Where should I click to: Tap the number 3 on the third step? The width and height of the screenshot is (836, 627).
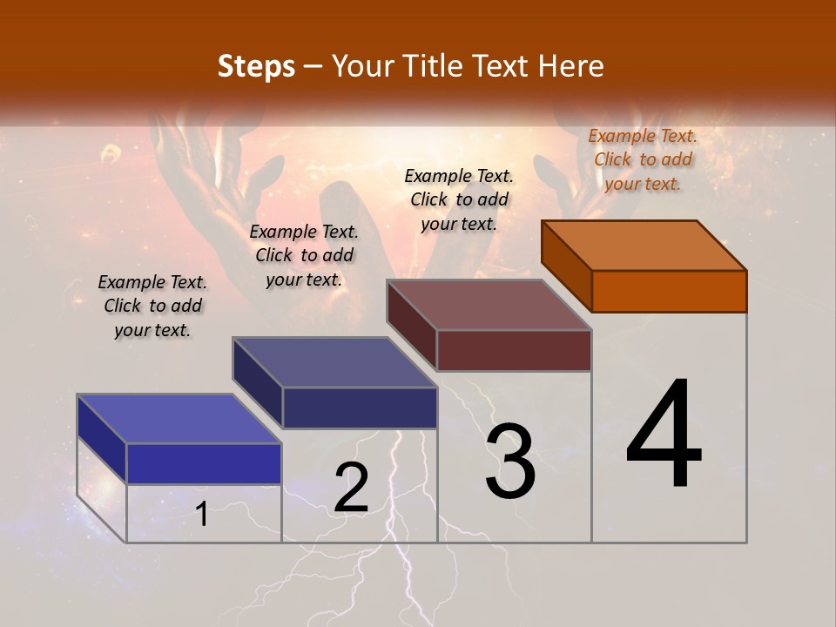pos(510,462)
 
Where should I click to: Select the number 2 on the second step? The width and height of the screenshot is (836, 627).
pos(351,487)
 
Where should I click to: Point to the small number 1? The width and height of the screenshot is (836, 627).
pos(202,514)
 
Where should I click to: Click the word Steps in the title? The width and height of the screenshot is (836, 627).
pos(256,66)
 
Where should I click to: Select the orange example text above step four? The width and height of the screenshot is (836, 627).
pos(643,159)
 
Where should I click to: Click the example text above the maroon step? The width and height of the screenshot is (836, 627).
pos(459,199)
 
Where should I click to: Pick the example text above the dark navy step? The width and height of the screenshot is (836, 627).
pos(304,255)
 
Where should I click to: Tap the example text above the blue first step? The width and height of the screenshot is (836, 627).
pos(152,306)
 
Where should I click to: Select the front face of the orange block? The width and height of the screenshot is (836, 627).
pos(669,291)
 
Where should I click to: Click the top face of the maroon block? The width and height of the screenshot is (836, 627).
pos(489,305)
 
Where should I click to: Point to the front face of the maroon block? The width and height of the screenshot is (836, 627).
pos(514,350)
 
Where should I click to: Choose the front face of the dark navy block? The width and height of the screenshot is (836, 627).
pos(360,408)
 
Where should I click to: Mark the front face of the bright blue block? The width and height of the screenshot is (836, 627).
pos(204,463)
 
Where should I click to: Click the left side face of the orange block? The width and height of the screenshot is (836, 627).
pos(566,266)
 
